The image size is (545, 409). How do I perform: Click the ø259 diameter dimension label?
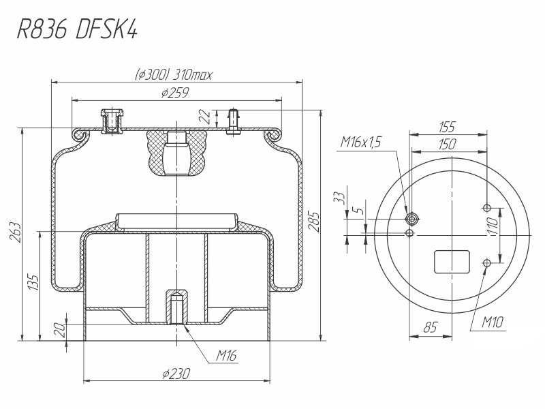pyautogui.click(x=175, y=93)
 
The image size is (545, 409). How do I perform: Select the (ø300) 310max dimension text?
pyautogui.click(x=173, y=74)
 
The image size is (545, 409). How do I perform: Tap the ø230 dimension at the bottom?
pyautogui.click(x=176, y=374)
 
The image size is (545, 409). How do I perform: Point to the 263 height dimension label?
pyautogui.click(x=16, y=232)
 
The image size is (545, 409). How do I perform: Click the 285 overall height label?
pyautogui.click(x=313, y=222)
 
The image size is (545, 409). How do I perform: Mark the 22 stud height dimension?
pyautogui.click(x=206, y=117)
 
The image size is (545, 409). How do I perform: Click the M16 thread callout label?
pyautogui.click(x=227, y=355)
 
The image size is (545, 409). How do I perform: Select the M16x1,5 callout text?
pyautogui.click(x=360, y=142)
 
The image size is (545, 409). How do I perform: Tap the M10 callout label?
pyautogui.click(x=493, y=322)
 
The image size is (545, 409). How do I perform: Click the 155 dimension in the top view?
pyautogui.click(x=447, y=127)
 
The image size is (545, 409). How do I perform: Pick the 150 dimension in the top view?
pyautogui.click(x=447, y=144)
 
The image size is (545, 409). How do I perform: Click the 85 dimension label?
pyautogui.click(x=431, y=327)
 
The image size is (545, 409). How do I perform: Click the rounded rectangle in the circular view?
pyautogui.click(x=452, y=262)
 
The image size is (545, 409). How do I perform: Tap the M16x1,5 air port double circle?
pyautogui.click(x=412, y=219)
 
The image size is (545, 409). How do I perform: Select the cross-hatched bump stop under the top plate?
pyautogui.click(x=177, y=152)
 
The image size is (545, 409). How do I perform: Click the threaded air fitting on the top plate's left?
pyautogui.click(x=112, y=121)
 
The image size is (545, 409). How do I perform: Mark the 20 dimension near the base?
pyautogui.click(x=60, y=329)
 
